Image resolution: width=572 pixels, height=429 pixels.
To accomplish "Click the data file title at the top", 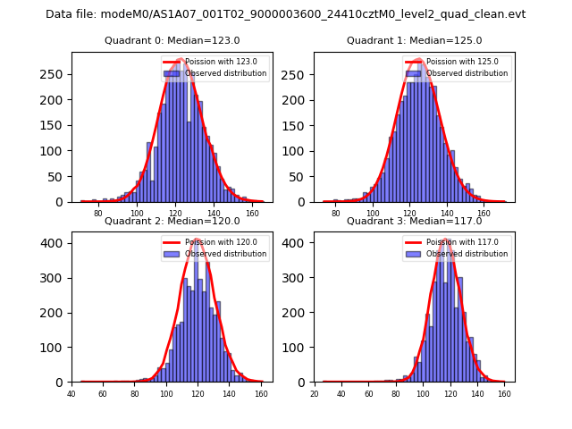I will click(x=285, y=14).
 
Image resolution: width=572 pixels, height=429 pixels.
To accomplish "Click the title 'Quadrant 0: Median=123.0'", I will click(x=172, y=40).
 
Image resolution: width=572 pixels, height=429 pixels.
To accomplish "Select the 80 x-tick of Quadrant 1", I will click(x=336, y=214).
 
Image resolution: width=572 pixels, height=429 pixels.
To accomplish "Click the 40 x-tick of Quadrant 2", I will click(x=71, y=393).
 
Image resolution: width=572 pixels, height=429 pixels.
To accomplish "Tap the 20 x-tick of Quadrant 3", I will click(x=315, y=393).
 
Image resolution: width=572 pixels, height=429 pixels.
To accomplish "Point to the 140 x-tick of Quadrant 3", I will click(x=477, y=393).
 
